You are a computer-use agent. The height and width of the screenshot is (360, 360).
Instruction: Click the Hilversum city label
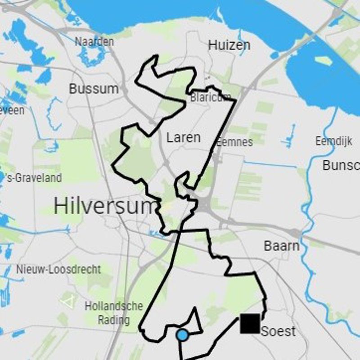click(x=103, y=206)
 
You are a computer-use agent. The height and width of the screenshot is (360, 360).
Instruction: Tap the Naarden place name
click(x=94, y=41)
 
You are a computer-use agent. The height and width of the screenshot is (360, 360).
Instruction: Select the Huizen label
click(x=229, y=45)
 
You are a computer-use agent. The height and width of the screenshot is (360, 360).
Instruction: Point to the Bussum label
click(x=94, y=89)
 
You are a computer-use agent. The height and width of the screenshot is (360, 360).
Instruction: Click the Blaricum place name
click(x=210, y=97)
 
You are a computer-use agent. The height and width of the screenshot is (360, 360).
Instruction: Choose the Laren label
click(x=183, y=137)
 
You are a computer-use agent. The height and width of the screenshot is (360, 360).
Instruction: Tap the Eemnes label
click(x=234, y=142)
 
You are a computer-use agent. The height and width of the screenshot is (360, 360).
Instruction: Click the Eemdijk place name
click(x=333, y=141)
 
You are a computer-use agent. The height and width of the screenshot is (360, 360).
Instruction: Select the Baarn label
click(x=281, y=246)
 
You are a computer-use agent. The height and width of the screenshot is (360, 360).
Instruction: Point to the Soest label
click(x=278, y=332)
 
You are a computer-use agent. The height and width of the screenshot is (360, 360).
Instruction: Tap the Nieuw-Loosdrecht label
click(x=58, y=269)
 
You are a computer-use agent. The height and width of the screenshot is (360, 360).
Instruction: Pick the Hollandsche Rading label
click(x=114, y=313)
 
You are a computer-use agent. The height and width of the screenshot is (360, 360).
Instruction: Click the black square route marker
click(x=250, y=324)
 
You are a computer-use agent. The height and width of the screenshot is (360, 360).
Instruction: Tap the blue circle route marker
click(x=182, y=335)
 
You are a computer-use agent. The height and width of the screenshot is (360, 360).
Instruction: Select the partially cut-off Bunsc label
click(x=341, y=165)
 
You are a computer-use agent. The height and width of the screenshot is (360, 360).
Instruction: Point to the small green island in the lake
click(x=324, y=60)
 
